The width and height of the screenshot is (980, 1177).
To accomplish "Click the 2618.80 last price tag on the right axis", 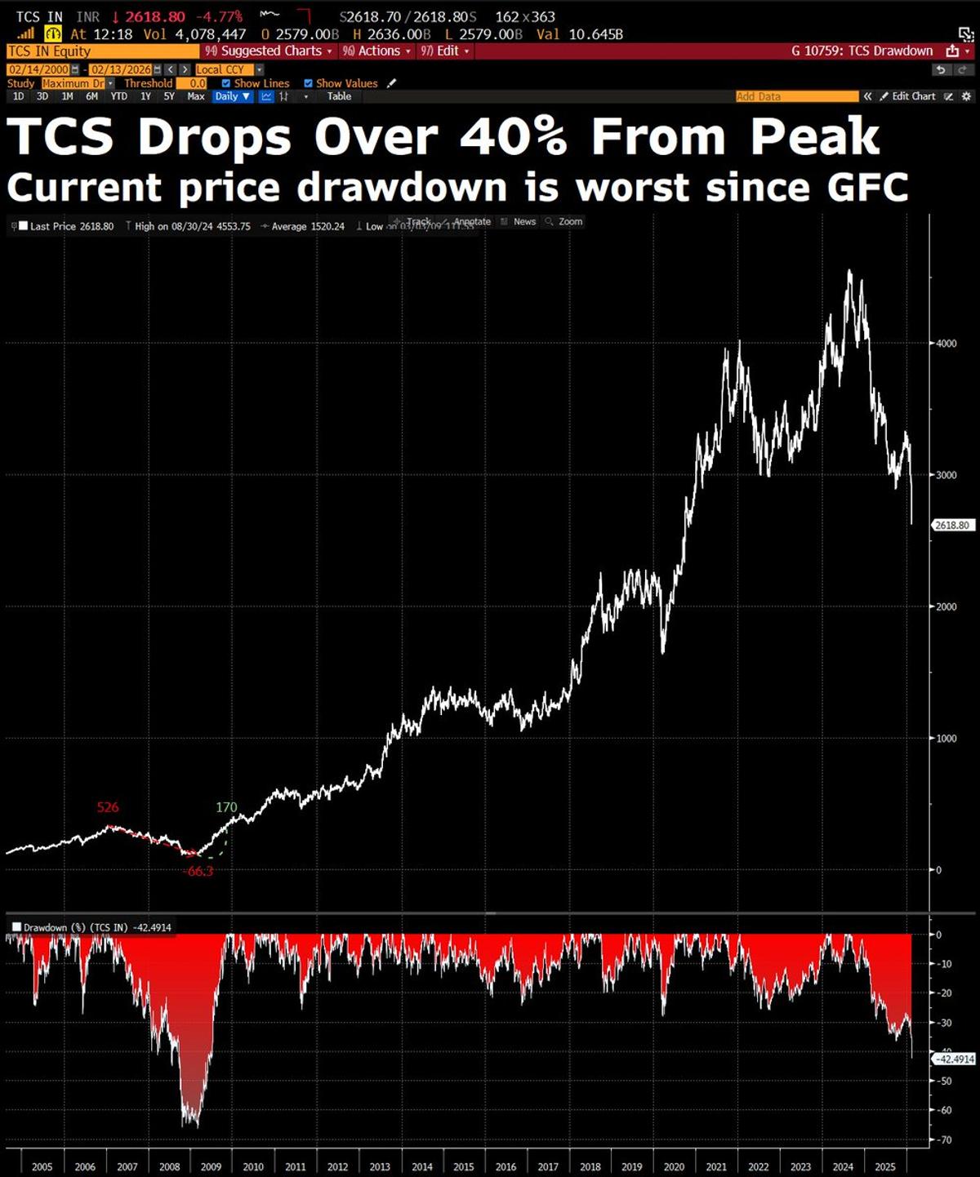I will (952, 525).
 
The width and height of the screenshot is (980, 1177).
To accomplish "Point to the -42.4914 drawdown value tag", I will (954, 1059).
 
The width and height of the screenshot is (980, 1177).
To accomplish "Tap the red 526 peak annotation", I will (108, 807).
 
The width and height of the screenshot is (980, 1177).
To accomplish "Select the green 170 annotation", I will (226, 807).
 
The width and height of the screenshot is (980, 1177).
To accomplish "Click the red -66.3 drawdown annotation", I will (199, 871).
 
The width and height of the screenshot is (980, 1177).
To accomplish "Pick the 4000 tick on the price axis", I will (946, 344).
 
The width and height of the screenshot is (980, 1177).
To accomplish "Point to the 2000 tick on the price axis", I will (946, 606).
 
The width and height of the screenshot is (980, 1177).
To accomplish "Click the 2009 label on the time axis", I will (211, 1166).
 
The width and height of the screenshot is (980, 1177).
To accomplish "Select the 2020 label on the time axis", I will (674, 1166).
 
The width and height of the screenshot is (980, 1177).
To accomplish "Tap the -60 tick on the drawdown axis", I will (944, 1110).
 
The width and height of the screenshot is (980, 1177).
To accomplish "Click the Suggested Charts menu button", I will (270, 51).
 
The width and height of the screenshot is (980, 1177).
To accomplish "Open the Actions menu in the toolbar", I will (377, 51).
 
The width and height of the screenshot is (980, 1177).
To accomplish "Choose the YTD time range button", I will (119, 96).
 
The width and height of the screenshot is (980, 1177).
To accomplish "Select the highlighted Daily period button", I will (231, 96).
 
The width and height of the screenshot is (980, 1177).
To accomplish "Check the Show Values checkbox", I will (309, 83).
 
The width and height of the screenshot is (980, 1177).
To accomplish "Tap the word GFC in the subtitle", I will (867, 188).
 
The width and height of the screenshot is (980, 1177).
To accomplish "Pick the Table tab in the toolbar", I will (339, 96).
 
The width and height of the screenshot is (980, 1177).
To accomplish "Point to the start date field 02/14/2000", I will (38, 69).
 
